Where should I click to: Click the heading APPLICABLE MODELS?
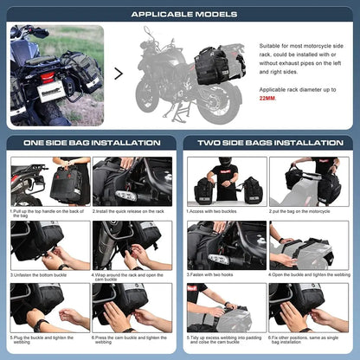[180, 13]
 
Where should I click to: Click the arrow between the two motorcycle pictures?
[119, 73]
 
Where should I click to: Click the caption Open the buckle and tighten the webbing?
[308, 275]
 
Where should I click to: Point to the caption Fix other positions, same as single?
[308, 342]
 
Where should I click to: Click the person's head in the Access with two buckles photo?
[227, 163]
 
